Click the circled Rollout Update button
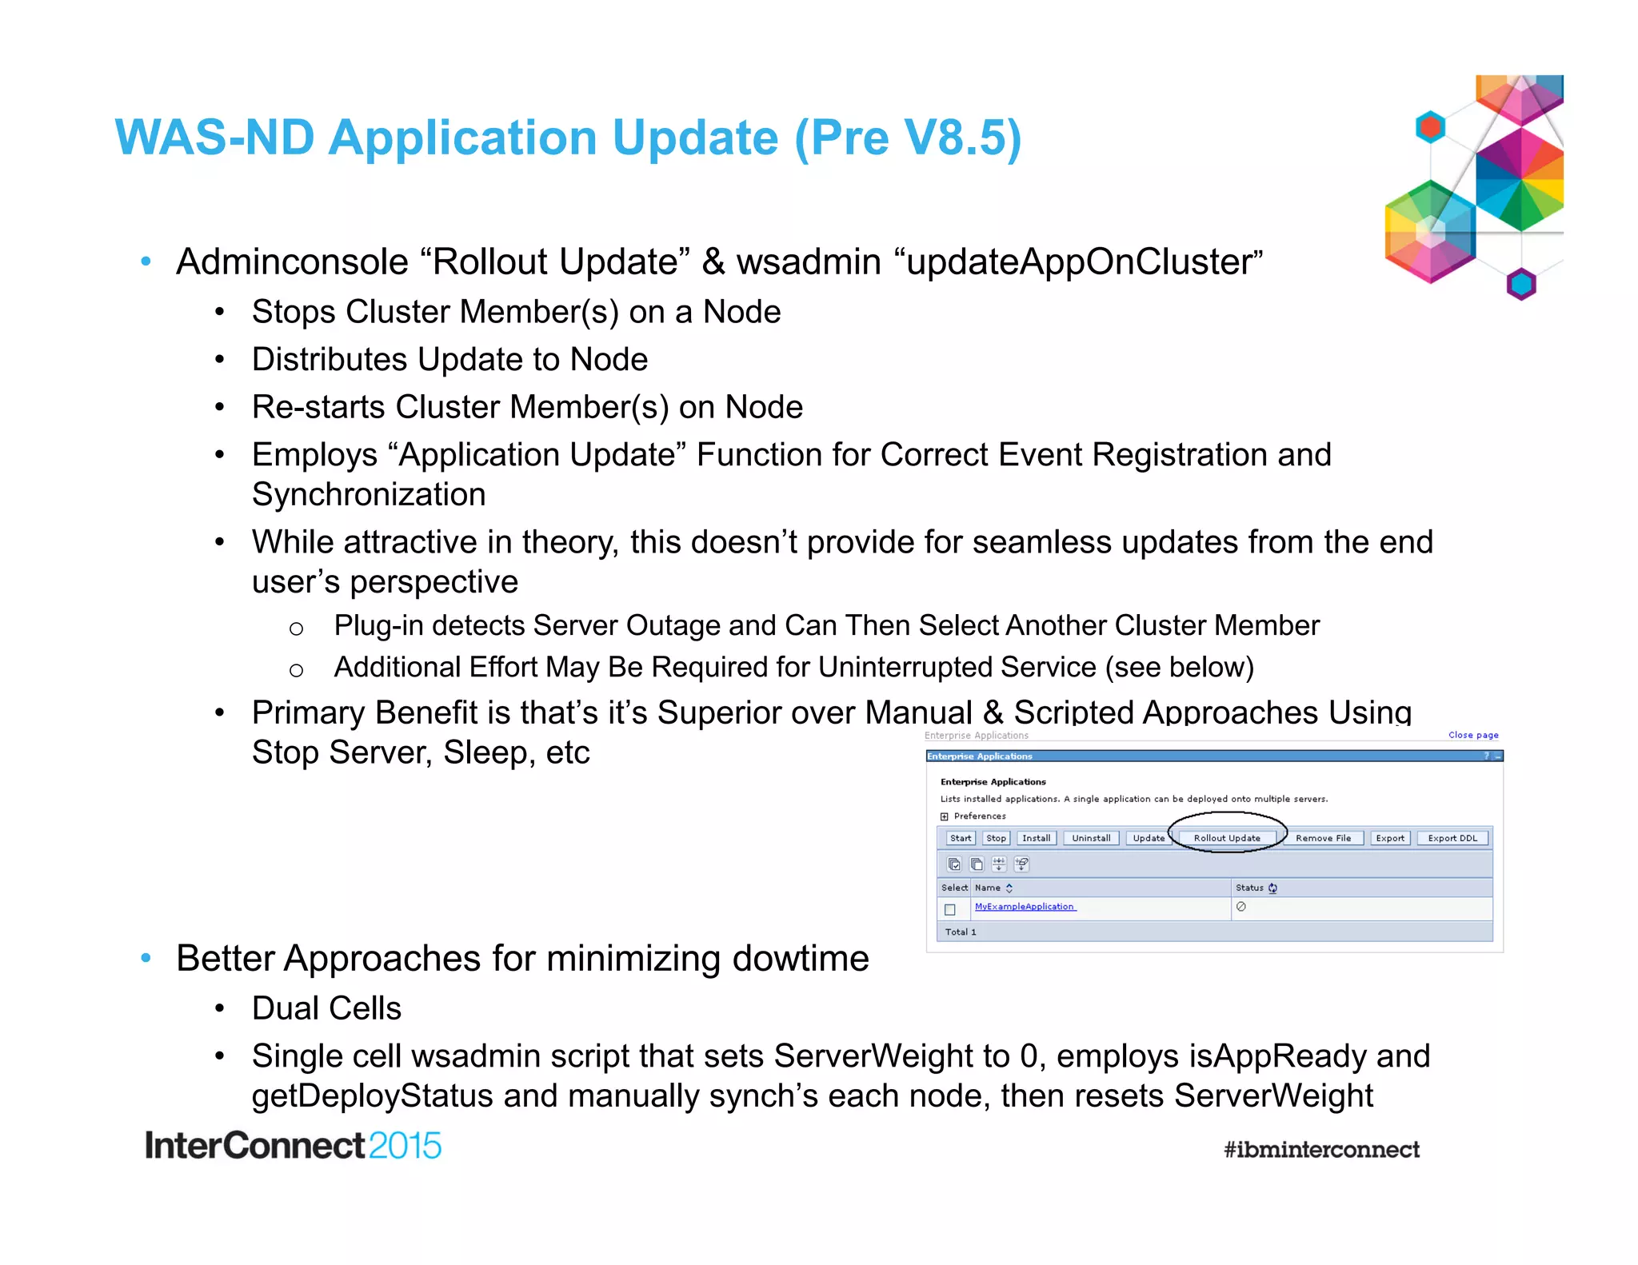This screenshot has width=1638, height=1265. tap(1226, 838)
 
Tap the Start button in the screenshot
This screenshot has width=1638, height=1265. tap(960, 838)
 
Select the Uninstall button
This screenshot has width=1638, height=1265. tap(1091, 838)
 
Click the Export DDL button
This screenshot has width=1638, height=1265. tap(1452, 838)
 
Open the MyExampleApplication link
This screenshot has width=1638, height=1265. tap(1025, 907)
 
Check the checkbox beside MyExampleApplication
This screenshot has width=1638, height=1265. tap(950, 909)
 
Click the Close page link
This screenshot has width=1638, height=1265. tap(1473, 735)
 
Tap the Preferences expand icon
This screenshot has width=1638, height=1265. tap(945, 816)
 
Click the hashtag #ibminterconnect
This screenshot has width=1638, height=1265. tap(1321, 1150)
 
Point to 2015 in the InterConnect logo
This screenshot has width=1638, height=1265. tap(405, 1146)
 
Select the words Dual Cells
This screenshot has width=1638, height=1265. tap(326, 1008)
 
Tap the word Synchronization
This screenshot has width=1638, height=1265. tap(369, 495)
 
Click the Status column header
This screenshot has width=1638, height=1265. tap(1250, 888)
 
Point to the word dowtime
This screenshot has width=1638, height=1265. tap(801, 958)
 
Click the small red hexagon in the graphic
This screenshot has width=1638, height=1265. tap(1430, 126)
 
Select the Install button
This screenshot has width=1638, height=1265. tap(1036, 838)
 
